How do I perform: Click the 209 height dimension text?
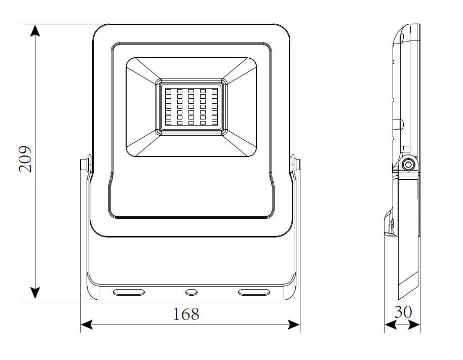click(25, 159)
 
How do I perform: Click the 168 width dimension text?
click(186, 314)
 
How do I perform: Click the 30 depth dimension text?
click(403, 312)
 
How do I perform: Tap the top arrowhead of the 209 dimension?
click(35, 30)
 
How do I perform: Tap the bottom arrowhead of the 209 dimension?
click(35, 293)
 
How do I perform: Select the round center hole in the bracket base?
click(191, 292)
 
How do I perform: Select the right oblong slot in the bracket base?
click(253, 292)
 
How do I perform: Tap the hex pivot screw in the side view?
click(408, 165)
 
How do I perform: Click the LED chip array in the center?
click(191, 106)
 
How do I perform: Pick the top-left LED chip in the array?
click(168, 92)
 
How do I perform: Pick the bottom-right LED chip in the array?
click(214, 122)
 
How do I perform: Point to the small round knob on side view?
click(400, 123)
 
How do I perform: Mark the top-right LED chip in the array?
click(214, 92)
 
